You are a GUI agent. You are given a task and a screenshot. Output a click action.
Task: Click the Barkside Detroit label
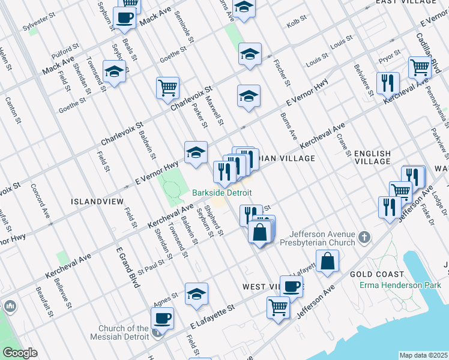[x=221, y=193]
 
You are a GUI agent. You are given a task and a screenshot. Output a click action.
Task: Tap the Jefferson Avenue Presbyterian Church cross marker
[x=364, y=239]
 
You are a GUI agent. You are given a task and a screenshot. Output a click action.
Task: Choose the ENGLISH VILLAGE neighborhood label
[x=372, y=158]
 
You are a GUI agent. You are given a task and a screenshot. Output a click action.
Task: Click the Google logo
[x=19, y=353]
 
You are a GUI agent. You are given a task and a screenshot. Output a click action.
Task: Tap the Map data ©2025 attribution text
[x=423, y=355]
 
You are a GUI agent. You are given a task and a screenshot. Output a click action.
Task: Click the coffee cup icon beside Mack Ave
[x=125, y=18]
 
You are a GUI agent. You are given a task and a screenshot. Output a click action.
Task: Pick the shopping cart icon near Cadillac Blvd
[x=419, y=67]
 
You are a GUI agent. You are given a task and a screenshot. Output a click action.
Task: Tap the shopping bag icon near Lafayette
[x=327, y=261]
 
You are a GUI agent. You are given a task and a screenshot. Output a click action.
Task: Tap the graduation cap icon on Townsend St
[x=113, y=73]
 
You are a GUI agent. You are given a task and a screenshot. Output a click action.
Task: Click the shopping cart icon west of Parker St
[x=167, y=88]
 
